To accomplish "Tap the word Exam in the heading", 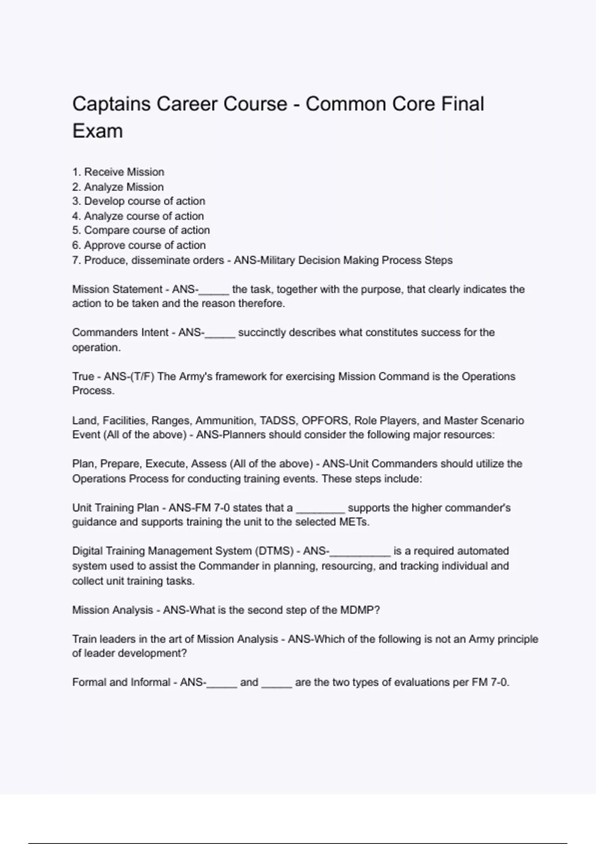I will coord(97,131).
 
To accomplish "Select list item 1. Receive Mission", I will coord(118,172).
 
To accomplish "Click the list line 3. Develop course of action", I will coord(139,201).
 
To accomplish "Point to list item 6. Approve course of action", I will coord(139,245).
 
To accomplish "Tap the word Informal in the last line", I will coord(150,683).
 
